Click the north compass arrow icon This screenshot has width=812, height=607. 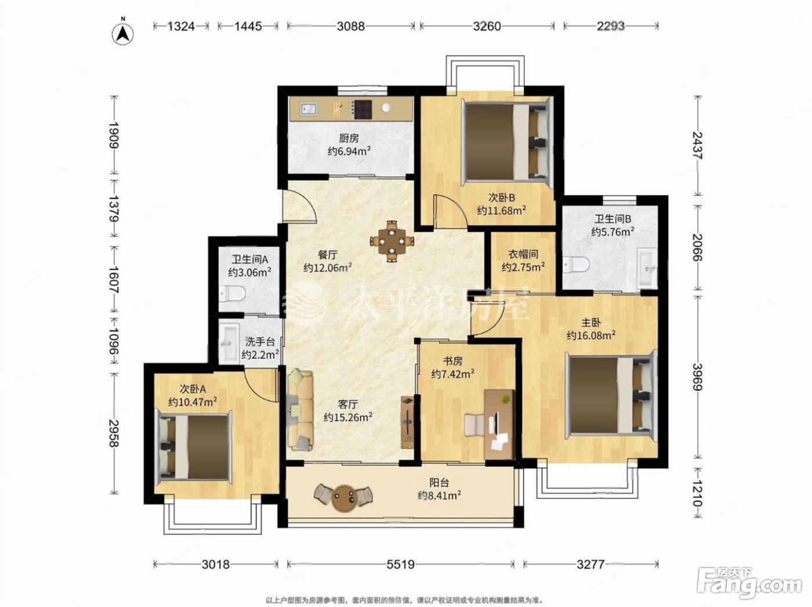tap(123, 34)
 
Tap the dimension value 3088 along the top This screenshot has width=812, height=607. tap(351, 26)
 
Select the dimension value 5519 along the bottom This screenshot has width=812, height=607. tap(400, 564)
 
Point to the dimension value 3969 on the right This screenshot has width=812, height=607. tap(697, 377)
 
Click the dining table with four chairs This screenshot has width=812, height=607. tap(391, 241)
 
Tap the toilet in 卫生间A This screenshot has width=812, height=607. tap(232, 294)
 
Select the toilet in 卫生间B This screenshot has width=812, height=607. tap(575, 264)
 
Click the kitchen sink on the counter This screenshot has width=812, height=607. tap(308, 109)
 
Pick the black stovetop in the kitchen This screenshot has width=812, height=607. tap(362, 110)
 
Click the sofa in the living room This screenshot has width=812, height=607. tap(300, 410)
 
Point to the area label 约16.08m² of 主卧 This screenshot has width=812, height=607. tap(591, 335)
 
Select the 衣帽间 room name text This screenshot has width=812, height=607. tap(523, 254)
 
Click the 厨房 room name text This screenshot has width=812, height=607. tap(349, 139)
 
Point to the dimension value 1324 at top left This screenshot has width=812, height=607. tap(181, 26)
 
